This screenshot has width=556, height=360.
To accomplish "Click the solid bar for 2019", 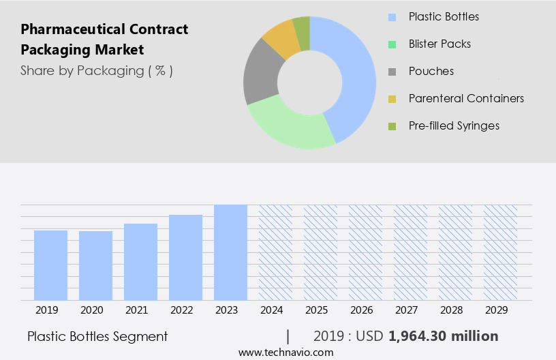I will [50, 265].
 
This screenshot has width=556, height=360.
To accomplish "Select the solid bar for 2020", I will [95, 266].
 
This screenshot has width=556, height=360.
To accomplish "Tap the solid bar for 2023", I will [230, 252].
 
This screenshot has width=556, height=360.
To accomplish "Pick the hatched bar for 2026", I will [365, 252].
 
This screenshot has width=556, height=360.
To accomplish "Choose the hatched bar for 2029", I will [500, 252].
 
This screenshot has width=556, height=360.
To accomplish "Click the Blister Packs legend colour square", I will [392, 44].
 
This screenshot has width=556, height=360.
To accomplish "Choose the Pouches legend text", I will [431, 71].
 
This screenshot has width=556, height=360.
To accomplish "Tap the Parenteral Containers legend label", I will [466, 98].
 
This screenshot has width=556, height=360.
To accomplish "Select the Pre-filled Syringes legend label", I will [454, 125].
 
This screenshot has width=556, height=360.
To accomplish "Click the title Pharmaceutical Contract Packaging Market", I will [104, 40].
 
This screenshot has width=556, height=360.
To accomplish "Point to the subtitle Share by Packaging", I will [96, 70].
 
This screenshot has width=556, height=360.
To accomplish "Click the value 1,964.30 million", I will [443, 336].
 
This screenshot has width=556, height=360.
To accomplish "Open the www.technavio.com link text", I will [286, 352].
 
